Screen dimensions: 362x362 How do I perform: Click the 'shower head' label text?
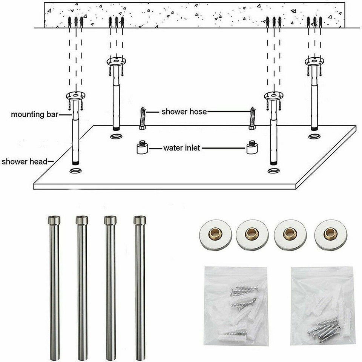25,162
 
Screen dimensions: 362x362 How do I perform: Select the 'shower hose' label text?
184,112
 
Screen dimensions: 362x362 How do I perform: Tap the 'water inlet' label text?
181,148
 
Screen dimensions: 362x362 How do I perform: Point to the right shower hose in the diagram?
252,118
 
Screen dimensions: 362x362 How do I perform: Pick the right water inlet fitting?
252,147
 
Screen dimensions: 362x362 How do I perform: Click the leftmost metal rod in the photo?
54,287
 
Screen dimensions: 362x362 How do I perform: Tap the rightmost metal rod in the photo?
140,287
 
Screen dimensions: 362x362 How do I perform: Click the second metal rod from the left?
82,287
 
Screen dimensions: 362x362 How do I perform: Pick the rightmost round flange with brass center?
330,234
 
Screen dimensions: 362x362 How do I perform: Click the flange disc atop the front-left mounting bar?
76,96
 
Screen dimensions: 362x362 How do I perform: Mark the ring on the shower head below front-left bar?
76,172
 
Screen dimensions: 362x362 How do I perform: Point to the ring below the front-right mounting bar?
273,170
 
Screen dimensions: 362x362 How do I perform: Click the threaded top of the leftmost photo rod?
54,220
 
